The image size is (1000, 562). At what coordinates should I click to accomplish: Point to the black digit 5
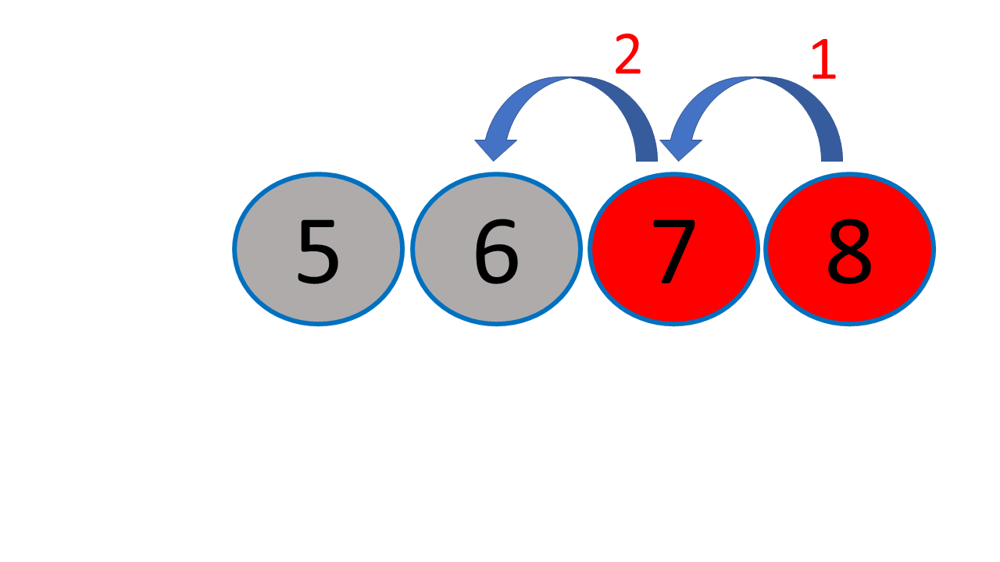tap(318, 251)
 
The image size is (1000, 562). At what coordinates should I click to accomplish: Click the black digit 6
tap(496, 251)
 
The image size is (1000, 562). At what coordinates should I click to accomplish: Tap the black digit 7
tap(674, 251)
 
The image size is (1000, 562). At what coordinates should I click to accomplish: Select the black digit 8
tap(849, 251)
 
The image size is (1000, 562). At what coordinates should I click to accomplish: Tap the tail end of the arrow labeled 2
tap(647, 155)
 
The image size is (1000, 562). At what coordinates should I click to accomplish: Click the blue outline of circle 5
tap(234, 249)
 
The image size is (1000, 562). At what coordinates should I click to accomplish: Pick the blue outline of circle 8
tap(934, 249)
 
